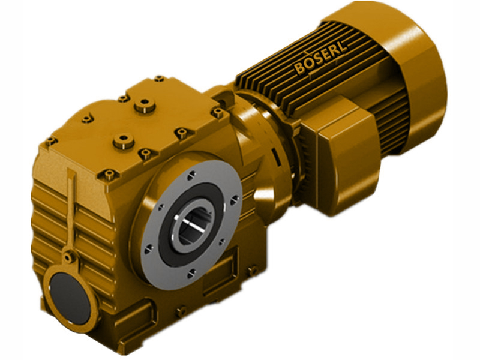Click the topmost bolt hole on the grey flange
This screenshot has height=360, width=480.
[x=190, y=175]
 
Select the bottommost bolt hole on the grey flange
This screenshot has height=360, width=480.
[x=191, y=273]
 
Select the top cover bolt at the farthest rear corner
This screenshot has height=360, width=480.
[x=158, y=79]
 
